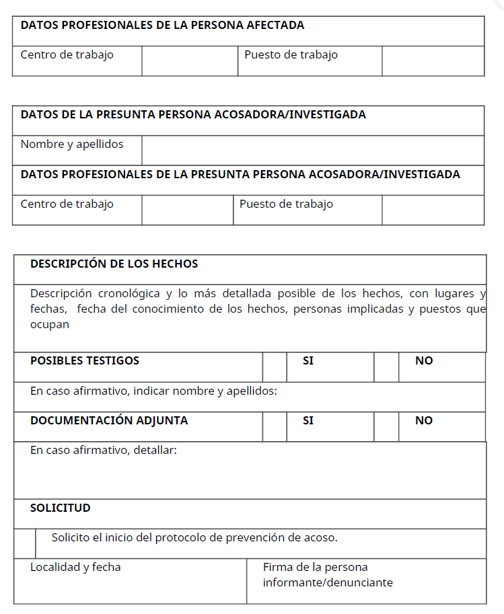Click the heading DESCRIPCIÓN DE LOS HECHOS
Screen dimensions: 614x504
[x=114, y=264]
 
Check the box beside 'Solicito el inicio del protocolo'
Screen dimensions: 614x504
[x=25, y=543]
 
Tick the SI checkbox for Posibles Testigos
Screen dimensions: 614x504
[x=275, y=367]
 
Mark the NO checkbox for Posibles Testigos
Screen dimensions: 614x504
[x=386, y=367]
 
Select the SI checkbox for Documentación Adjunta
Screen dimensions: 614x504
[x=275, y=427]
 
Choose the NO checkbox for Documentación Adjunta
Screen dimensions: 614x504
[x=386, y=427]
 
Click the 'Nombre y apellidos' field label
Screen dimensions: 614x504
[x=72, y=144]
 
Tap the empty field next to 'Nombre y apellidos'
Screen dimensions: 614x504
[x=312, y=151]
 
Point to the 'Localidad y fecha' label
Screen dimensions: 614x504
[x=75, y=568]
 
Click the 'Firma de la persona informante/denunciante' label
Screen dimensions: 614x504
[x=328, y=575]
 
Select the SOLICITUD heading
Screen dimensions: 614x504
[x=60, y=508]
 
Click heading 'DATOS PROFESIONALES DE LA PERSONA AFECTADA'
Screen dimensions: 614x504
[x=162, y=26]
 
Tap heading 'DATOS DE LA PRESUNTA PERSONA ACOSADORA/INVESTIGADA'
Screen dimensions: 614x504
[x=193, y=115]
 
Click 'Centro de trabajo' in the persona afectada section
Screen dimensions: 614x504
[x=67, y=55]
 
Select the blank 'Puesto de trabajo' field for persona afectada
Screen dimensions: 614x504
[x=433, y=61]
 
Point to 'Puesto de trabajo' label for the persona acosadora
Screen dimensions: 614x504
[x=286, y=204]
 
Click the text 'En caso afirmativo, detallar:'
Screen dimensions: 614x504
[x=103, y=450]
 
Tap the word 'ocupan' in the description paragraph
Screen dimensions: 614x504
[x=49, y=324]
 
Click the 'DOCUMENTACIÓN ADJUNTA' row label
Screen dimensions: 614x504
[x=109, y=421]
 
